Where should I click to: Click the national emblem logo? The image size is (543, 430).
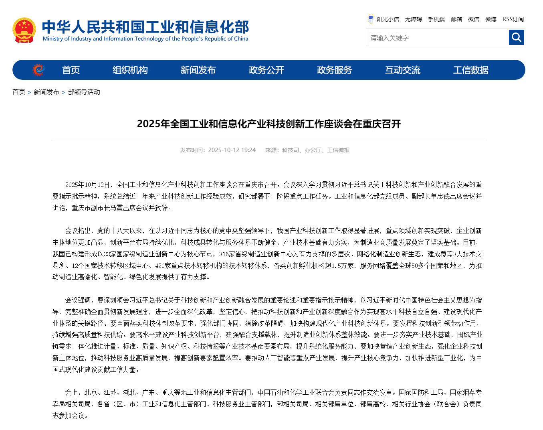pos(24,30)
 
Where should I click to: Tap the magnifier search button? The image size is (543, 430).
pos(517,38)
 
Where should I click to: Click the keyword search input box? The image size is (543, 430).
pos(437,38)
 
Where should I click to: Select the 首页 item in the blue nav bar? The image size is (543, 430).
pos(71,70)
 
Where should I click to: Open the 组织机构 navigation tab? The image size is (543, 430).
pos(130,70)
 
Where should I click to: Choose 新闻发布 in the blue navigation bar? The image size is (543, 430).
pos(198,70)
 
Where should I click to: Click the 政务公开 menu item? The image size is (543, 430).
pos(266,70)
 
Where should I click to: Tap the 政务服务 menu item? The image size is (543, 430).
pos(334,70)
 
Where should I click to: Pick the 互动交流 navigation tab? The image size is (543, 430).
pos(403,70)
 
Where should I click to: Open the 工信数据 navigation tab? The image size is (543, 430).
pos(470,70)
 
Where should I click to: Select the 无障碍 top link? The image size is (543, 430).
pos(413,19)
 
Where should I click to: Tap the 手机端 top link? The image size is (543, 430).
pos(436,19)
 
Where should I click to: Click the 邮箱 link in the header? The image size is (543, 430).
pos(456,19)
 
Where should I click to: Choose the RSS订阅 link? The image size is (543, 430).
pos(513,19)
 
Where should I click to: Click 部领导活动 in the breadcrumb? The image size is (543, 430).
pos(84,92)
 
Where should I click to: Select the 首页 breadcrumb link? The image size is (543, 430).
pos(19,92)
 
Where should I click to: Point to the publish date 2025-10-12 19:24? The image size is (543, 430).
pos(232,150)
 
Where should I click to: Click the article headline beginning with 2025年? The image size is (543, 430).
pos(268,124)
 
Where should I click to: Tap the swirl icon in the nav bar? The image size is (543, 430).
pos(38,70)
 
